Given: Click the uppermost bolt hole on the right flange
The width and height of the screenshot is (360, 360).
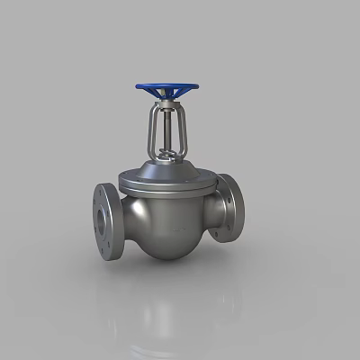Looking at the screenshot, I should coord(236,182).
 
